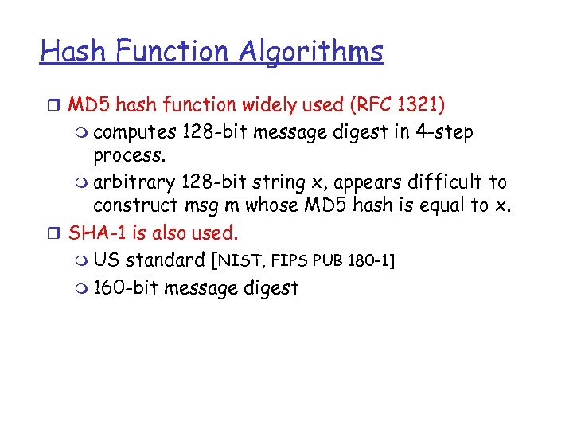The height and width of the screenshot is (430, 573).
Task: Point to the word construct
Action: [x=132, y=205]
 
